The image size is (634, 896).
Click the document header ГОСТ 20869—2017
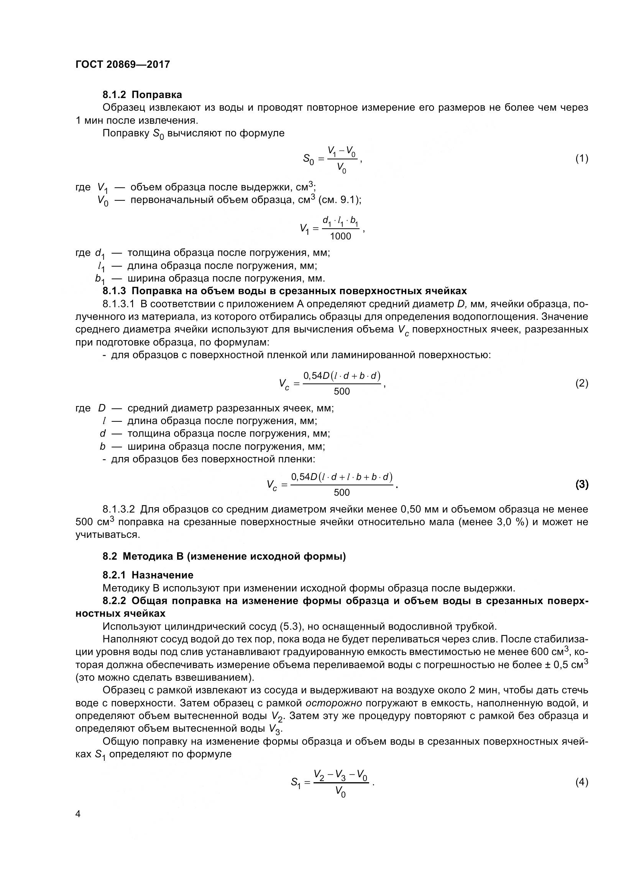(x=123, y=64)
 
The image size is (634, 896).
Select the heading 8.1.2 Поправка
(x=142, y=95)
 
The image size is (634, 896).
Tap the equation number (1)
(x=582, y=159)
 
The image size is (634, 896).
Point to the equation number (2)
(x=582, y=383)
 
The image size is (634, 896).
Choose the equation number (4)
(x=582, y=782)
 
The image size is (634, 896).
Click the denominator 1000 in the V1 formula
(x=340, y=236)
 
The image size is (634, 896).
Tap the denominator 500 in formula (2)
(x=342, y=391)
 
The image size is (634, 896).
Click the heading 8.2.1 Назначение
(x=148, y=575)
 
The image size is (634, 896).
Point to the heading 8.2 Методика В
(x=224, y=556)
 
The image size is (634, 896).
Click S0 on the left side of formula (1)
(x=309, y=159)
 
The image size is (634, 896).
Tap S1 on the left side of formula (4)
(x=296, y=783)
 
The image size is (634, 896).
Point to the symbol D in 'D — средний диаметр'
(x=102, y=408)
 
